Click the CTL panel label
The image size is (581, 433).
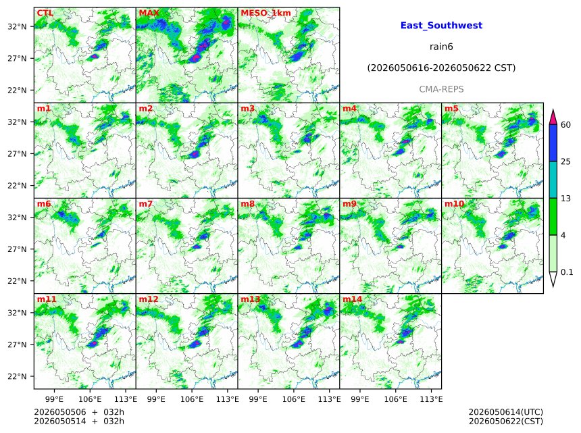pos(45,13)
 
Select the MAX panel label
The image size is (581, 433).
pos(149,13)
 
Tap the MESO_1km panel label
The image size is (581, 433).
pos(266,13)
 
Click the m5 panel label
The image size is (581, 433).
pos(451,109)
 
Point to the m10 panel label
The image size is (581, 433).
pos(454,204)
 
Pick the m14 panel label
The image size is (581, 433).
pos(353,299)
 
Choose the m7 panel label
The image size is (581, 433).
pos(146,204)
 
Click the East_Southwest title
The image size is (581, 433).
pos(441,26)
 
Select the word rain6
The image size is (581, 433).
pos(441,47)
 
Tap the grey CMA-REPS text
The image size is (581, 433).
pos(441,89)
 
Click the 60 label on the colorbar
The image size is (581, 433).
pos(566,124)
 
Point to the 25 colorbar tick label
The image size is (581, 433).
pos(566,161)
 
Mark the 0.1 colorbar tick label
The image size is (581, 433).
pos(567,272)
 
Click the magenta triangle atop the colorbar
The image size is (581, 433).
pos(553,117)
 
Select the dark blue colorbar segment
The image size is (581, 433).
pos(553,143)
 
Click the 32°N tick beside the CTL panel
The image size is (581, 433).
pos(17,26)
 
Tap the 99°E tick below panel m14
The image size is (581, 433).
pos(360,399)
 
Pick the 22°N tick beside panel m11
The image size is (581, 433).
pos(17,376)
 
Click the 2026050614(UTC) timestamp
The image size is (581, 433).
pos(506,412)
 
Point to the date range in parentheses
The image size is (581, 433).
pos(441,68)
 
